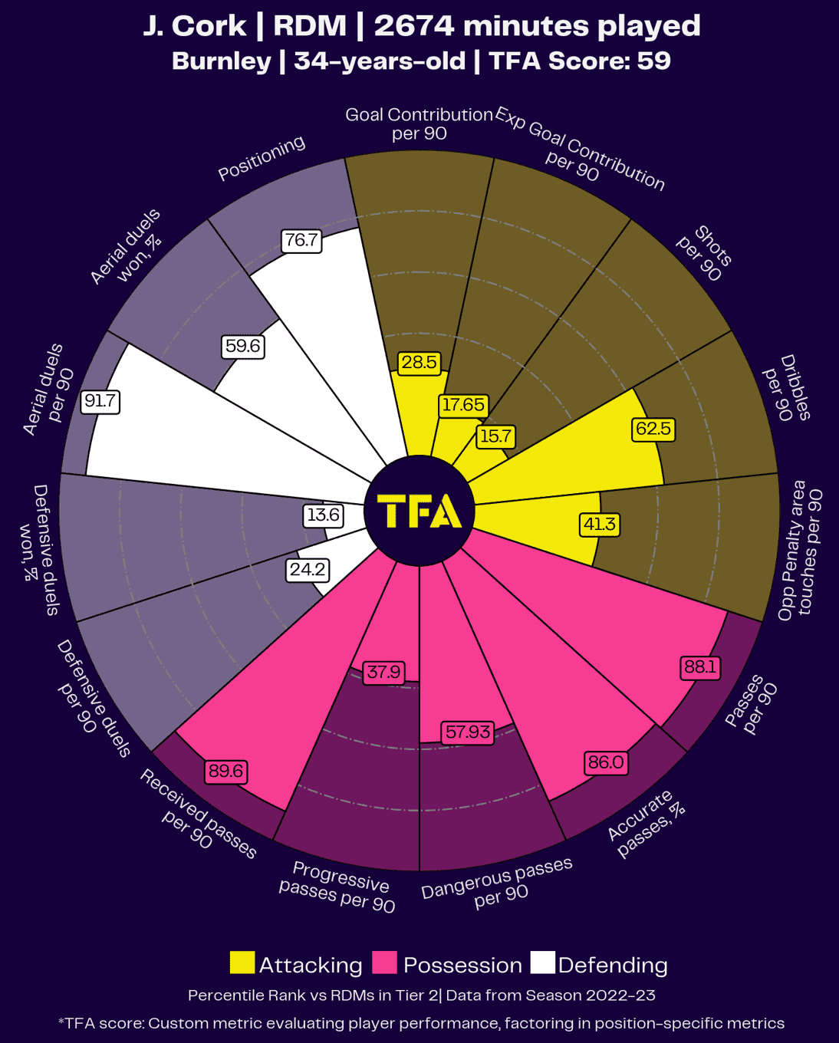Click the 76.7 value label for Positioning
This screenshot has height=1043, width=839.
[301, 240]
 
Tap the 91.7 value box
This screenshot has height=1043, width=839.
[100, 401]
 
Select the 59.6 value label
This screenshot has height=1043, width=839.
[242, 346]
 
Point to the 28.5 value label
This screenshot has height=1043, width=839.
[419, 362]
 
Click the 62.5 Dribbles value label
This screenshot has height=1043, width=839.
[653, 428]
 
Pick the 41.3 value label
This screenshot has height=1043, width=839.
[600, 524]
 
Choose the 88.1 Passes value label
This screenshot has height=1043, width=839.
[700, 666]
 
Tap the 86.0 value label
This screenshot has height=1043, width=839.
[606, 762]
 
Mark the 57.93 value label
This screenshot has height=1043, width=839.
[468, 732]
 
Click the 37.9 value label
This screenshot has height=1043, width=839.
[383, 672]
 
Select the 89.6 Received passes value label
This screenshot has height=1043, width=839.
[226, 771]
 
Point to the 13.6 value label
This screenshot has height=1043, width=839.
[323, 515]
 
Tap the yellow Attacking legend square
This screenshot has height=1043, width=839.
[242, 963]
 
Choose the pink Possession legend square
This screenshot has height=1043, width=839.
[384, 963]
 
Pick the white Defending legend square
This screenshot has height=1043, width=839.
[542, 963]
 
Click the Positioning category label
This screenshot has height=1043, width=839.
[262, 158]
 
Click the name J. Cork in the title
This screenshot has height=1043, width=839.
[194, 26]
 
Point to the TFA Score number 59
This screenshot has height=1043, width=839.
[653, 61]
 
